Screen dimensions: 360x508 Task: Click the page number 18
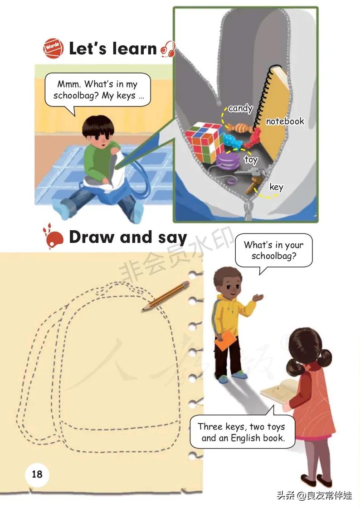[x=37, y=474]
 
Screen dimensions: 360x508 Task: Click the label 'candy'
[x=240, y=108]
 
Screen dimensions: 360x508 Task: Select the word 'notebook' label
[x=285, y=121]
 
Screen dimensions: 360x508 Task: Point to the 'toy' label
[x=251, y=160]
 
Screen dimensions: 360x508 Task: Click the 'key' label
[x=276, y=187]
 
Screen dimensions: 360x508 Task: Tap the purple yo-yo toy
[x=228, y=162]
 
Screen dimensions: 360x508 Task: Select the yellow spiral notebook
[x=272, y=110]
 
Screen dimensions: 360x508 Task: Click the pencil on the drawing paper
[x=165, y=296]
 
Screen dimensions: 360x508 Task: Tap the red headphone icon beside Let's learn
[x=168, y=49]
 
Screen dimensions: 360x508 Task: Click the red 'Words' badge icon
[x=53, y=48]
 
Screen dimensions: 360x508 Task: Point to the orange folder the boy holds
[x=226, y=340]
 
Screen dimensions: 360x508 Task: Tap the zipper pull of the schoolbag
[x=248, y=210]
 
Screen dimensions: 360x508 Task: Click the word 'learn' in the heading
[x=135, y=48]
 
